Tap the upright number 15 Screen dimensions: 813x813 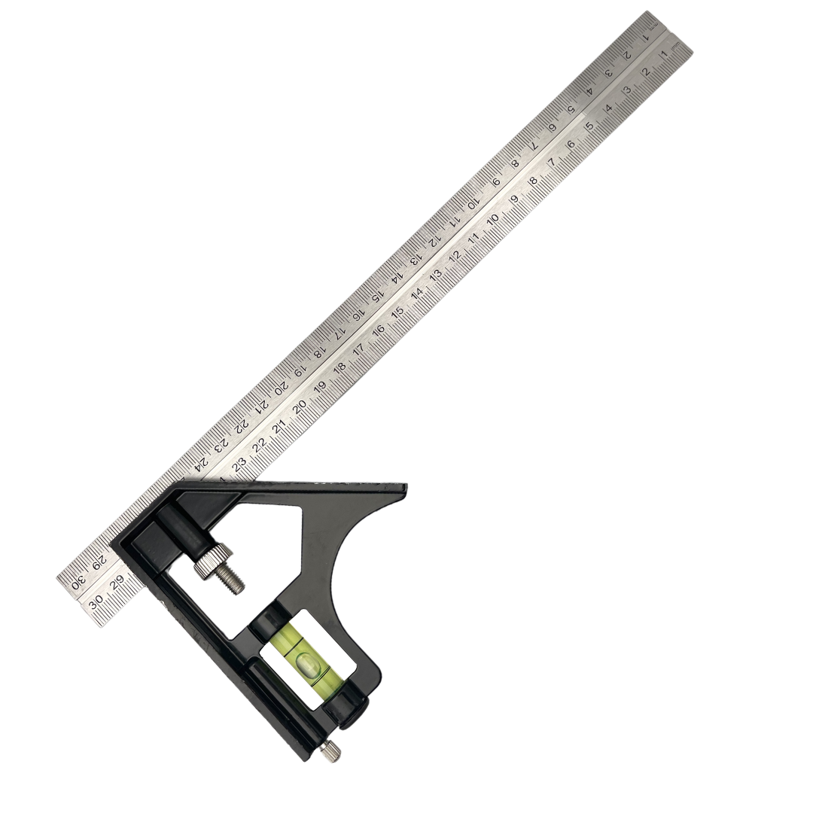point(397,312)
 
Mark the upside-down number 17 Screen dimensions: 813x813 point(340,332)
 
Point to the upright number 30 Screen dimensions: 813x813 point(96,604)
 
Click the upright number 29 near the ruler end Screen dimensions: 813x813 point(116,584)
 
